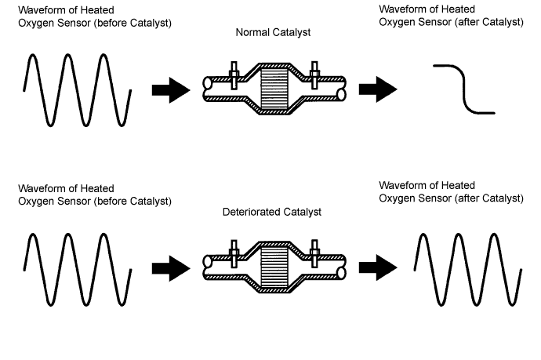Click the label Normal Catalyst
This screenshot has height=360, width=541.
coord(274,34)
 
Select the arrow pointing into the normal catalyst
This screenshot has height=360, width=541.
coord(170,90)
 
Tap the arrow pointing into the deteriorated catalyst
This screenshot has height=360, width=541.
coord(170,269)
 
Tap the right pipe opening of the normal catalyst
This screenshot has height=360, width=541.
coord(342,93)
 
